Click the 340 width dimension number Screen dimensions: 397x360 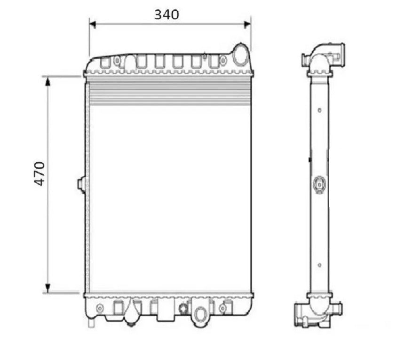[167, 15]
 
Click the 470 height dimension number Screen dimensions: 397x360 [40, 174]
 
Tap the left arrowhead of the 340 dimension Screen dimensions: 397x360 [93, 24]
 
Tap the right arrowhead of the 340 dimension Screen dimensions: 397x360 [247, 24]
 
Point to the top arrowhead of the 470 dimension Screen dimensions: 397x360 [48, 81]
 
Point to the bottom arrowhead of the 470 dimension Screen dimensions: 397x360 [48, 288]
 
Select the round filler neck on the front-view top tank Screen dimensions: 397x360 [240, 55]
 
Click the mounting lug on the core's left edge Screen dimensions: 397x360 [81, 183]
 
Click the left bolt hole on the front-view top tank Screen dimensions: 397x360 [117, 61]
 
